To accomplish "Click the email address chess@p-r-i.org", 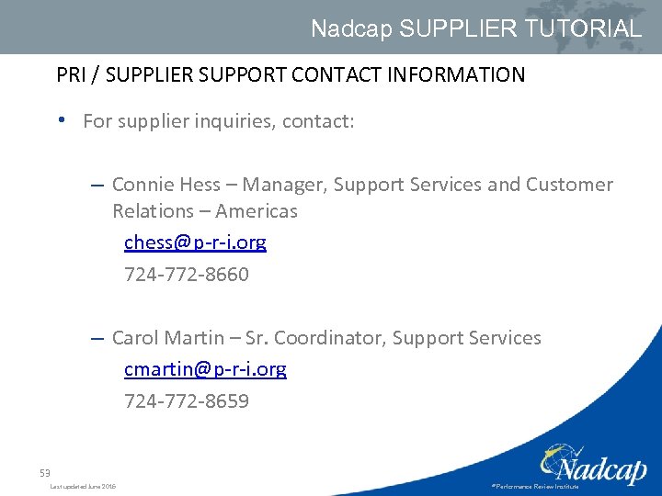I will click(x=195, y=242).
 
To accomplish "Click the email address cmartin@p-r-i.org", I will click(x=205, y=369).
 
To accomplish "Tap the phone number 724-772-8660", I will click(x=187, y=275).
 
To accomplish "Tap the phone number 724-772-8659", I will click(x=187, y=401).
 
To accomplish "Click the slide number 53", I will click(x=44, y=473).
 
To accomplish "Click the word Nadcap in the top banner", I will click(x=351, y=28).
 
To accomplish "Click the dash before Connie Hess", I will click(x=97, y=185).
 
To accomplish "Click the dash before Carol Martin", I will click(x=97, y=338).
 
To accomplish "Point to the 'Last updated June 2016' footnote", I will click(x=83, y=486).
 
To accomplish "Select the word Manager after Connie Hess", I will click(x=282, y=185).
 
